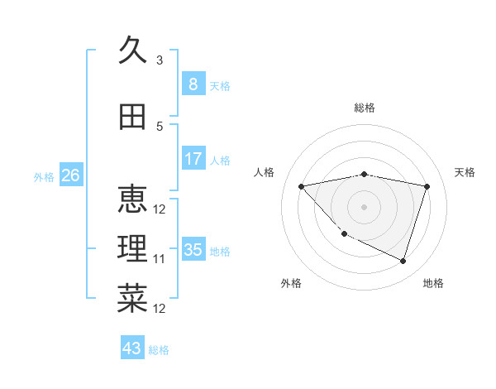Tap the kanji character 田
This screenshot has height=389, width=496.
132,117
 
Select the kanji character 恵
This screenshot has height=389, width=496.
132,199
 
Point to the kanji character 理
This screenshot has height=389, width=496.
132,249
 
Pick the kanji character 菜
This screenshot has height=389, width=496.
132,299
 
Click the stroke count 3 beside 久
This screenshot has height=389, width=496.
160,60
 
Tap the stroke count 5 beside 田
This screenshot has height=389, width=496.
160,127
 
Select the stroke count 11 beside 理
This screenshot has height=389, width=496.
160,259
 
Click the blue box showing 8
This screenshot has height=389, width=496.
193,84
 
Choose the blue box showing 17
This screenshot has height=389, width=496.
193,159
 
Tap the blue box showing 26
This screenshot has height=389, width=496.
70,175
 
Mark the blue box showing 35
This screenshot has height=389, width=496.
193,250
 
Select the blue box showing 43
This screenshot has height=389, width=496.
132,348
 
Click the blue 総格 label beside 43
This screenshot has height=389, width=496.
159,350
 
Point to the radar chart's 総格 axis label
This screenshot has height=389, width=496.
365,108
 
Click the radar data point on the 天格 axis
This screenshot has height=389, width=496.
427,186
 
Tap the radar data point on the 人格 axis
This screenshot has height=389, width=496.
301,186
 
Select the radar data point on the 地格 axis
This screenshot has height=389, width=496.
403,262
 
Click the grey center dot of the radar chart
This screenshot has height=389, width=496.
364,206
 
